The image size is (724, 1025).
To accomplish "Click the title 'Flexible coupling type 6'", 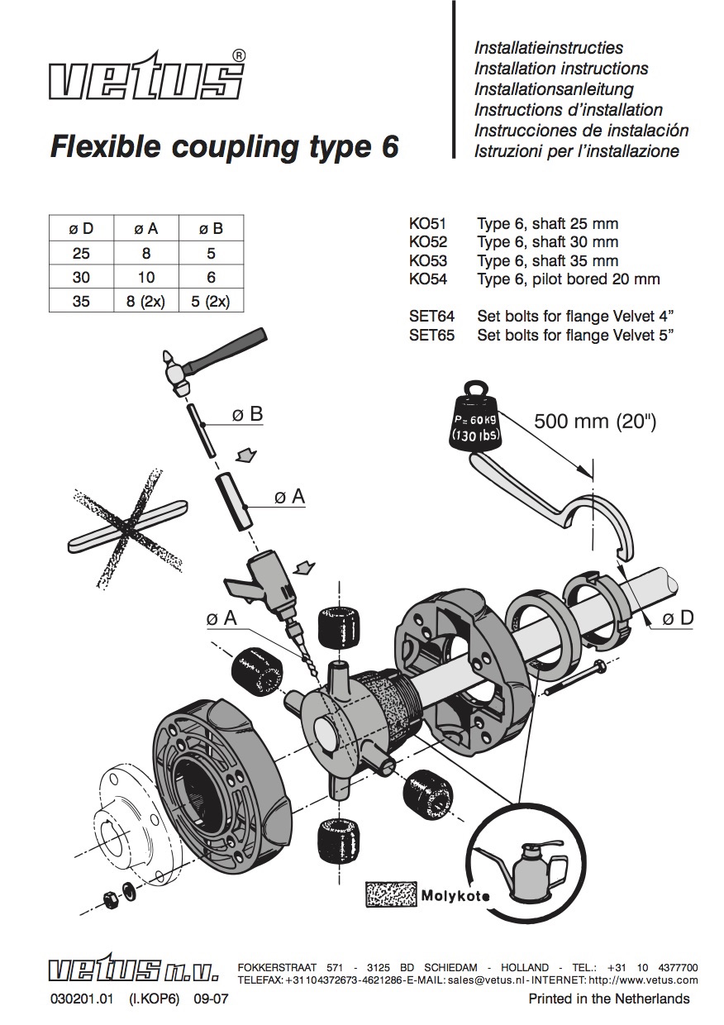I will tap(224, 146).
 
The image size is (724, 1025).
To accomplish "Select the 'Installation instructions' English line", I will tap(560, 69).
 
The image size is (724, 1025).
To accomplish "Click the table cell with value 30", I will tap(81, 277).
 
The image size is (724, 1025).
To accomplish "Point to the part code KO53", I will tap(427, 260).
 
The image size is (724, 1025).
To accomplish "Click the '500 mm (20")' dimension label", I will tap(594, 421).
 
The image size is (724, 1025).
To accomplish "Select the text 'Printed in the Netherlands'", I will tap(608, 999).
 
